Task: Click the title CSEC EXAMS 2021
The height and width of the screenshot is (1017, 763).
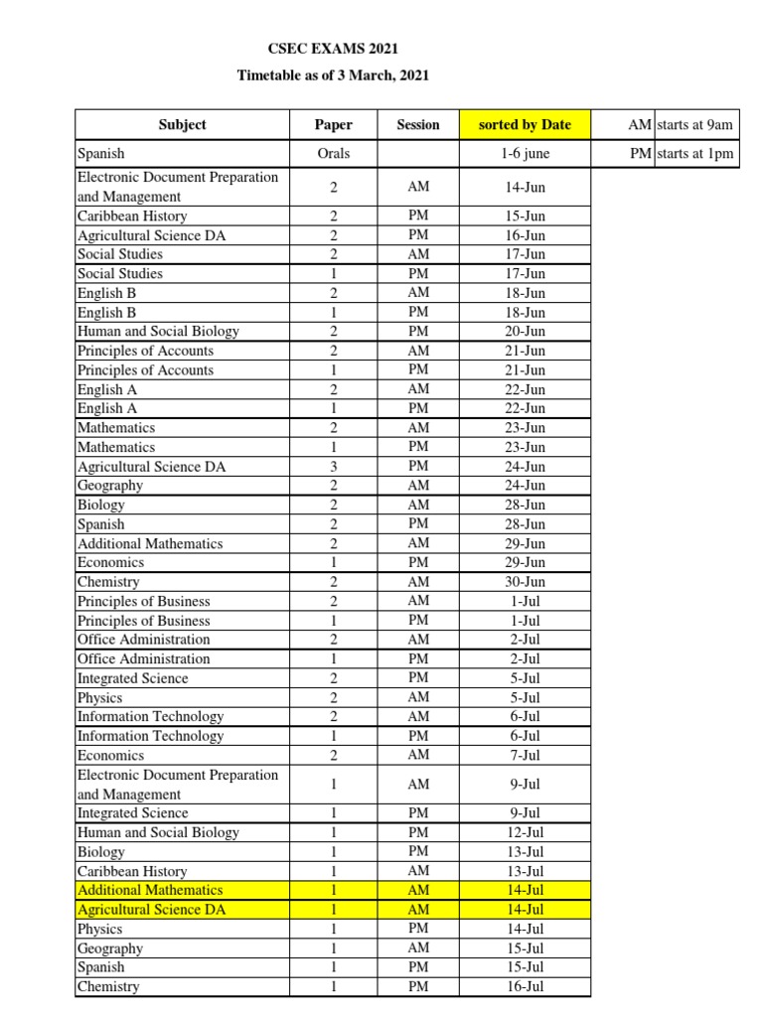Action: click(333, 49)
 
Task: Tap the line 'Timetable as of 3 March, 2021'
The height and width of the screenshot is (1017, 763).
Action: click(333, 75)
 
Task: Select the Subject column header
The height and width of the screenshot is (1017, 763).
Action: click(182, 124)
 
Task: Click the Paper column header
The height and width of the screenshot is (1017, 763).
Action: click(334, 124)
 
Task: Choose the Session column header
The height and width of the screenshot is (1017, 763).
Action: click(417, 124)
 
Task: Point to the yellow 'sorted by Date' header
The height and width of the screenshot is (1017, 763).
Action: click(525, 124)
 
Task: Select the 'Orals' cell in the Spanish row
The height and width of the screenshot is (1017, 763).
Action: click(334, 154)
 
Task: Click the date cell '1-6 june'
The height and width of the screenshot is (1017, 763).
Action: click(525, 154)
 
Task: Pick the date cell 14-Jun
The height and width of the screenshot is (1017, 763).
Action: click(525, 187)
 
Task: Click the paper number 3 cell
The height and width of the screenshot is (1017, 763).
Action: click(334, 466)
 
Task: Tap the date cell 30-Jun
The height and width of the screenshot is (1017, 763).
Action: click(525, 582)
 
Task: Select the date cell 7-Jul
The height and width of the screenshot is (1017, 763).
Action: click(525, 756)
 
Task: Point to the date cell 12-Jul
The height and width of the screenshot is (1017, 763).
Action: click(525, 832)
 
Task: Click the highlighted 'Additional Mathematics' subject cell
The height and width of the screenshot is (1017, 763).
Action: click(150, 890)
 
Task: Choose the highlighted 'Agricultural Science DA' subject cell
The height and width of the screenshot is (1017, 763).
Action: click(152, 910)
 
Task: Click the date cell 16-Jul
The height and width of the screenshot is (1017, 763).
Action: click(525, 986)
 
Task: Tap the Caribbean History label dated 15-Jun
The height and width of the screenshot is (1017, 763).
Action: click(132, 216)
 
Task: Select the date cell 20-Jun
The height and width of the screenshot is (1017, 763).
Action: click(525, 332)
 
